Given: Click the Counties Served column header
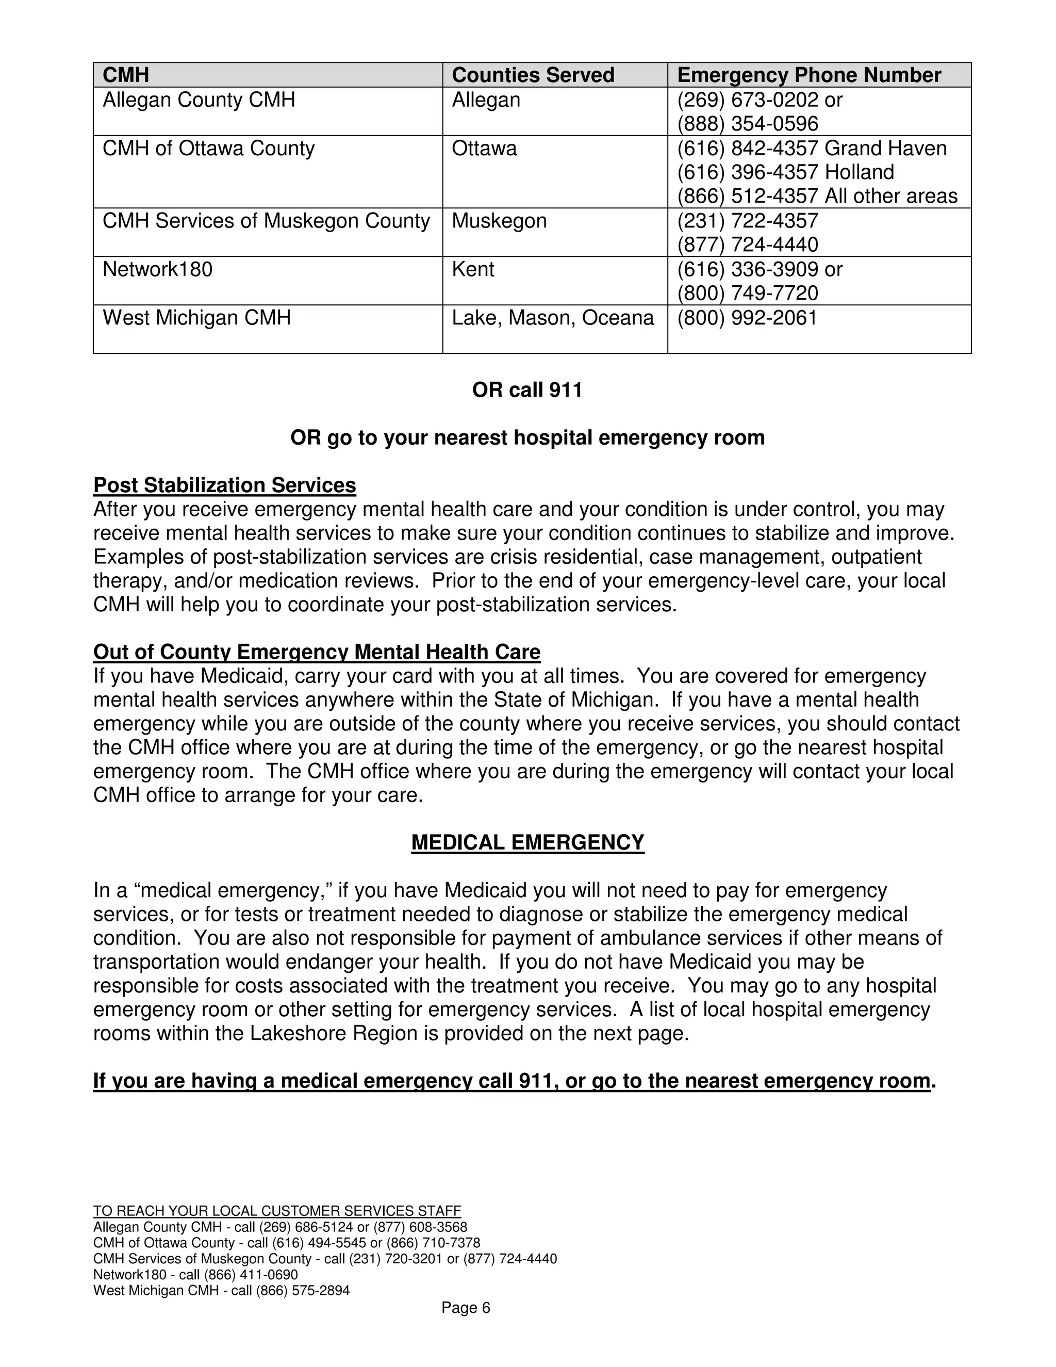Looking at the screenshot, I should tap(533, 75).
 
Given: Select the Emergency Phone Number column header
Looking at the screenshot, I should tap(809, 75).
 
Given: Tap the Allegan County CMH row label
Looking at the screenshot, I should tap(199, 100).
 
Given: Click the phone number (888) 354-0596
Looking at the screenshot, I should tap(748, 124).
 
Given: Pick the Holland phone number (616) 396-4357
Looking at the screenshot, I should tap(748, 172).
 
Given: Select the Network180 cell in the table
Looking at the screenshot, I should tap(158, 269).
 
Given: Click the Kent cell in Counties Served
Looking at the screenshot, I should tap(473, 269).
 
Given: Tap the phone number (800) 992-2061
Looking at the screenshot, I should tap(748, 318).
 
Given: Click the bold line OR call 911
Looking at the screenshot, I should tap(527, 390).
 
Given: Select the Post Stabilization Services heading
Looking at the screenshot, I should tap(225, 485).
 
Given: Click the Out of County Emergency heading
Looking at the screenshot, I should tap(317, 652).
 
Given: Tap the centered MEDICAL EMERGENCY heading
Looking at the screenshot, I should tap(527, 842).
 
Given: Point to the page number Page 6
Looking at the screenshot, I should tap(466, 1308).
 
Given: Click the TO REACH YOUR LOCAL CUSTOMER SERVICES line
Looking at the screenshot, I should tap(277, 1211).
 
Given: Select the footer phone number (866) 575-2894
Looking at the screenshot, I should tap(303, 1291).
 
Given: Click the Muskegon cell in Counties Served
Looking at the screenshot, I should tap(499, 221).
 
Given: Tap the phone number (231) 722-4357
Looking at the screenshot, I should tap(748, 221).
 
